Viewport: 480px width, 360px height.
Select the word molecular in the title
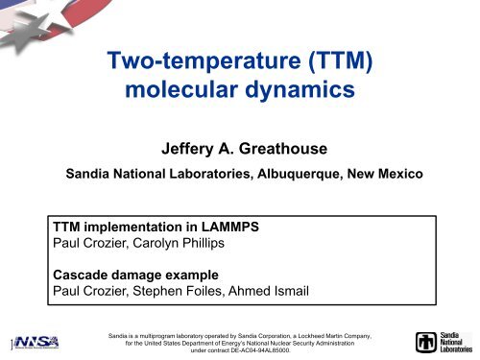coord(185,98)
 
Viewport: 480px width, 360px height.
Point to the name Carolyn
coord(164,247)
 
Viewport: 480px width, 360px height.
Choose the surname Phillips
coord(216,247)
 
